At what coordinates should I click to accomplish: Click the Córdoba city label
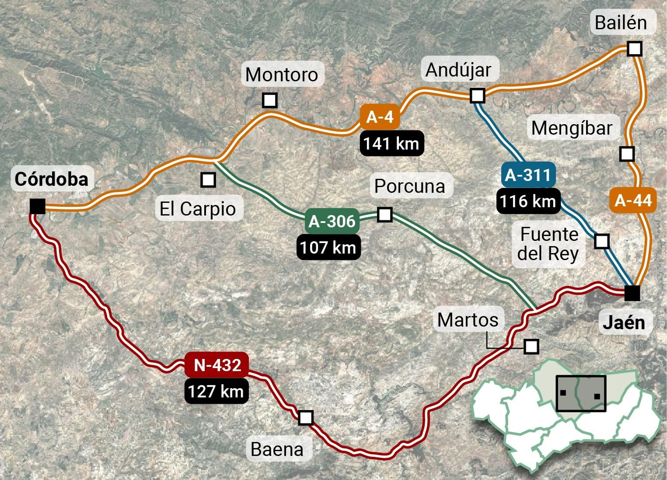coord(52,179)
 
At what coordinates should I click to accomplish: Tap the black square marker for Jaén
coord(632,293)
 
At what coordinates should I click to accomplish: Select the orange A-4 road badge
coord(380,117)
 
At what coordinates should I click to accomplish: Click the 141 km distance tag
coord(391,144)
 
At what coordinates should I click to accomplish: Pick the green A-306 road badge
coord(332,221)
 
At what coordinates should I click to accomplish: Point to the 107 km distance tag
coord(328,247)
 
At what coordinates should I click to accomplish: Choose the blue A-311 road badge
coord(528,175)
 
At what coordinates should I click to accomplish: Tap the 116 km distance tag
coord(528,201)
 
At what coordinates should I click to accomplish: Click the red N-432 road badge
coord(217,365)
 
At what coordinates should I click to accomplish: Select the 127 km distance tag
coord(216,391)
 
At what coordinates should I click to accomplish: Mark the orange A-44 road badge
coord(633,200)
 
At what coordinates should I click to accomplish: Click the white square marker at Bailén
coord(634,49)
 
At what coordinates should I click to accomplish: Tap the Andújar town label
coord(458,70)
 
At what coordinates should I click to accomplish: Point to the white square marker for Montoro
coord(270,100)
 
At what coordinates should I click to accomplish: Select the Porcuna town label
coord(410,186)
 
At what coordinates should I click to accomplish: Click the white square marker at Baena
coord(306,417)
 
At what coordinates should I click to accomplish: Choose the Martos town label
coord(468,320)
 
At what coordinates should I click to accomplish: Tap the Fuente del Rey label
coord(548,244)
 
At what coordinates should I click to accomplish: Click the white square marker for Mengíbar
coord(627,154)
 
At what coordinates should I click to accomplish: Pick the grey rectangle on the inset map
coord(581,393)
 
